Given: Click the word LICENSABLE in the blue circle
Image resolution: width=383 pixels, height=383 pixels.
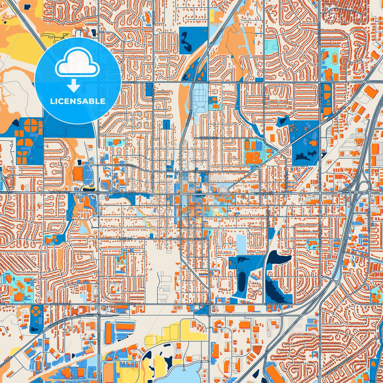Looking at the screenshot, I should tap(78, 101).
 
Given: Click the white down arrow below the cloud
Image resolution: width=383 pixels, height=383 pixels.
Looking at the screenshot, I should tap(74, 86).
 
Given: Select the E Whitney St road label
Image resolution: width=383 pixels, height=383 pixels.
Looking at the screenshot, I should tap(209, 138).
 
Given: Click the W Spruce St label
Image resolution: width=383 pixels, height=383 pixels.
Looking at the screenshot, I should tap(126, 166).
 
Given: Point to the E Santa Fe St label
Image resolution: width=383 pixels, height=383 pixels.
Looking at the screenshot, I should tap(264, 194).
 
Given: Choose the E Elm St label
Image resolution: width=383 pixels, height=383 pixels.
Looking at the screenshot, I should tap(199, 239).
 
